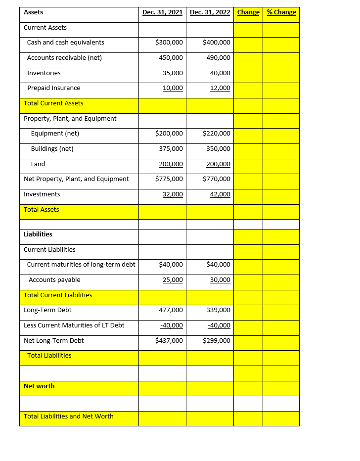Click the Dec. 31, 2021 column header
[162, 12]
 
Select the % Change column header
[281, 12]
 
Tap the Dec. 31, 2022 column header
[210, 12]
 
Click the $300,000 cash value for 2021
[169, 43]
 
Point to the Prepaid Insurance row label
[53, 88]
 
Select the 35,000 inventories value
[173, 73]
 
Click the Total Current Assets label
[53, 103]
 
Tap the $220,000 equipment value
[216, 134]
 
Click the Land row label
[38, 164]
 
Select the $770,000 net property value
[216, 179]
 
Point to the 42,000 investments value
[220, 194]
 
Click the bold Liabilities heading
[38, 234]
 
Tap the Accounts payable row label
[54, 280]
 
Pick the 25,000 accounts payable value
[173, 280]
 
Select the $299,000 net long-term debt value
[216, 341]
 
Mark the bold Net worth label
[39, 386]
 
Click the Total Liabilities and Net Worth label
[68, 416]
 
